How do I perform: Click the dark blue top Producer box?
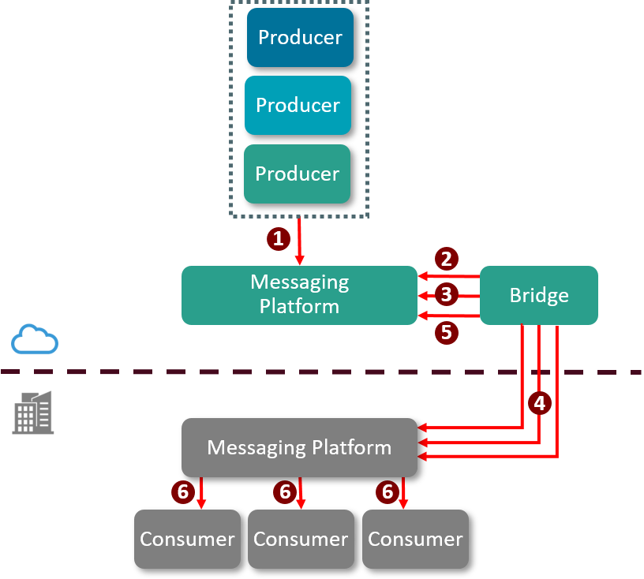coord(300,37)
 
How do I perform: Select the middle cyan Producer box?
coord(298,105)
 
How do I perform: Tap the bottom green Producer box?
coord(297,174)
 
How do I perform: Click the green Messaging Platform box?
coord(299,295)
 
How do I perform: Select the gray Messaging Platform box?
coord(299,447)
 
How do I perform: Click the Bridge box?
coord(539,296)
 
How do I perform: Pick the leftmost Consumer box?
coord(187,539)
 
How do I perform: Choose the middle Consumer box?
coord(301,539)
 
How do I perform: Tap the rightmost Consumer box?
coord(415,539)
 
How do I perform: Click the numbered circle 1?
coord(277,238)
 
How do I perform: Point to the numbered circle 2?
coord(446,259)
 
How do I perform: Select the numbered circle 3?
coord(446,295)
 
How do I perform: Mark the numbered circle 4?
coord(540,403)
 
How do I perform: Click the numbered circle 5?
coord(446,333)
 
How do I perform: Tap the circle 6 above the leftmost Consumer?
coord(183,492)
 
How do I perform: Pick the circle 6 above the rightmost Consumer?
coord(388,492)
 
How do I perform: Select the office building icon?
coord(33,412)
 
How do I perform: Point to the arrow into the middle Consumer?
coord(301,494)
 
